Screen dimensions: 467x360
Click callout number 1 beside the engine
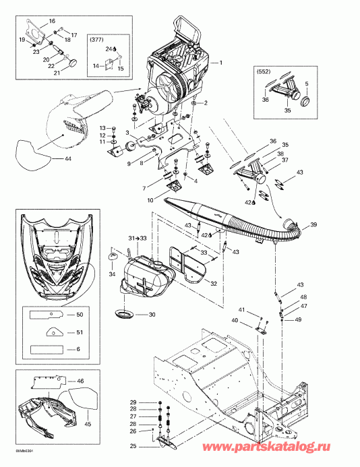[219, 62]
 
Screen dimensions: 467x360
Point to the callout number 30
[152, 315]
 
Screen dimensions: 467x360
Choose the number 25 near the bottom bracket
[132, 447]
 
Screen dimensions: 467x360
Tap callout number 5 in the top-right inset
[307, 84]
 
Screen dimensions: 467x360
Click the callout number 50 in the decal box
[80, 315]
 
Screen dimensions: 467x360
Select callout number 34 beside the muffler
[111, 274]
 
